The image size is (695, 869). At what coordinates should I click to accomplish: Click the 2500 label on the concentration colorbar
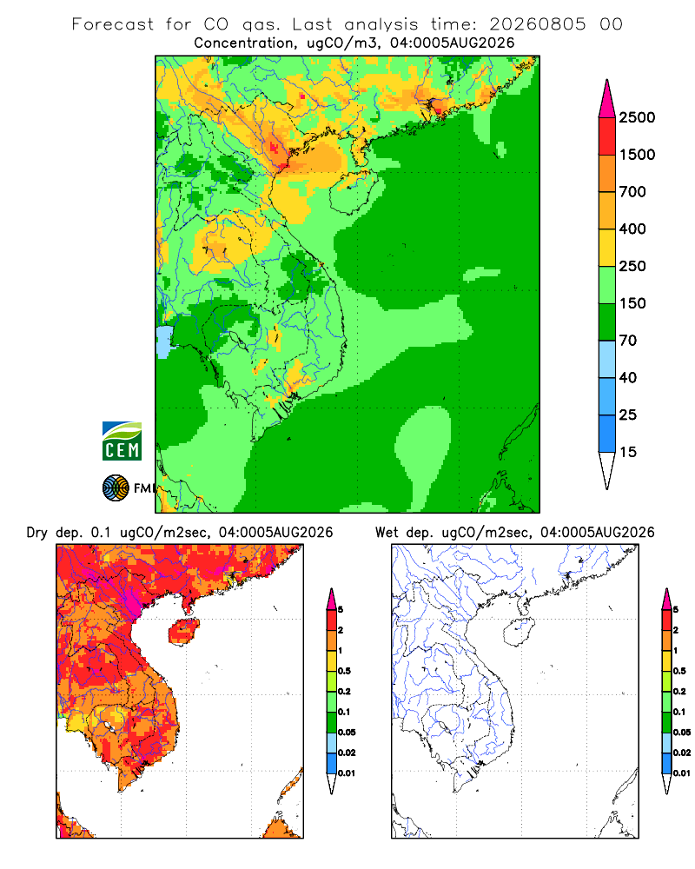tap(637, 117)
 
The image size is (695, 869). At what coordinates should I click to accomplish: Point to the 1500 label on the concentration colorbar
tap(637, 155)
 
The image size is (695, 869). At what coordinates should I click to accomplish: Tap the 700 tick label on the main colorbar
tap(632, 192)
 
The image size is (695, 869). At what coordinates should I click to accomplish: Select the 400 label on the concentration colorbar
tap(632, 229)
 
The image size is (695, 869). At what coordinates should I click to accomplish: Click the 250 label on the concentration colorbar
tap(632, 266)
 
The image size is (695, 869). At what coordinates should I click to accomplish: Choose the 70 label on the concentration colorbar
tap(628, 341)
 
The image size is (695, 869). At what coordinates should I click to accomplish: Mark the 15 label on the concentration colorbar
tap(628, 452)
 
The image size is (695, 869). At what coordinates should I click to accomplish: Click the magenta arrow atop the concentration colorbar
tap(607, 99)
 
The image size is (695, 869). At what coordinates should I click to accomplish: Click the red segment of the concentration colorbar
tap(607, 136)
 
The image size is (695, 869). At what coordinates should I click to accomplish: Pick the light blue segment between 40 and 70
tap(607, 359)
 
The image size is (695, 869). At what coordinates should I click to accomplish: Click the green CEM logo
tap(122, 441)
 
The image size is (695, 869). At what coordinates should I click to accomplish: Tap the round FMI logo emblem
tap(116, 488)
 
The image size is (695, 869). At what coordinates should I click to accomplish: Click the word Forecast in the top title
tap(113, 24)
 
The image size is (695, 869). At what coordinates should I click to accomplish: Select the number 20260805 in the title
tap(538, 24)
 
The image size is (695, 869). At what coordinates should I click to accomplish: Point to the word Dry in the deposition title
tap(37, 533)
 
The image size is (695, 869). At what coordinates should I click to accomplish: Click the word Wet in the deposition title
tap(387, 533)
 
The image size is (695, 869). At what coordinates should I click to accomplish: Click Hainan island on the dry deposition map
tap(183, 632)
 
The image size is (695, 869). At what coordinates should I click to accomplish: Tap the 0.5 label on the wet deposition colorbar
tap(679, 671)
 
